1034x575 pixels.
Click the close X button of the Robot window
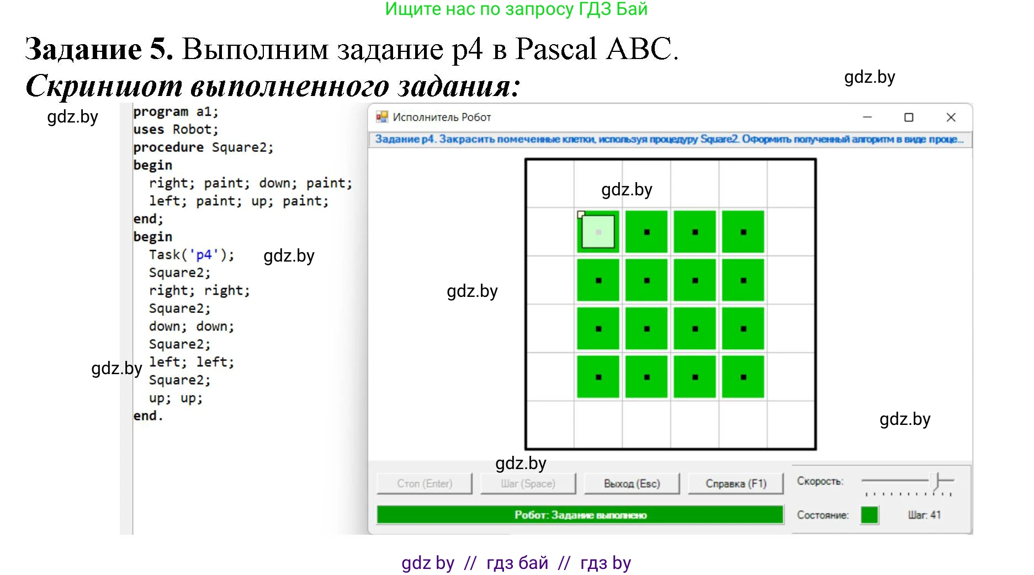[951, 118]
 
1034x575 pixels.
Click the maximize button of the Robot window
[909, 118]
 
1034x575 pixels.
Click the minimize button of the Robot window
[867, 118]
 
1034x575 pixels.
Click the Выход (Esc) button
[632, 483]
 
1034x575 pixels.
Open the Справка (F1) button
[736, 483]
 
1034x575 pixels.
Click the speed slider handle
[937, 481]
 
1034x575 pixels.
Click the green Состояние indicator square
[869, 515]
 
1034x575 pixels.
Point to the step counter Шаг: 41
[924, 515]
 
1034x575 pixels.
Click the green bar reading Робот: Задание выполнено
[580, 515]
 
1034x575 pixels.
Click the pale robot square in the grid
[598, 232]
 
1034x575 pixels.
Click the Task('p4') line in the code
[192, 255]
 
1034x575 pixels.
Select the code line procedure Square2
[203, 147]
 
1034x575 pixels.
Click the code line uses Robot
[176, 130]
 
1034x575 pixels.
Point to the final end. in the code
[148, 416]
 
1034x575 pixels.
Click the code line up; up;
[176, 398]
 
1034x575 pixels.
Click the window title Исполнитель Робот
[442, 118]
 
